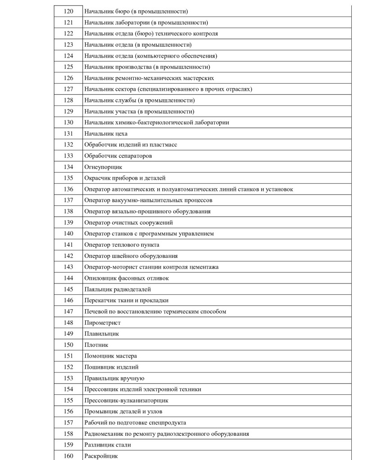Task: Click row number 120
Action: (x=68, y=11)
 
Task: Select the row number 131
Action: (x=68, y=134)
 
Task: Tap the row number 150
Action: (x=68, y=345)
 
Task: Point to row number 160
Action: (x=68, y=456)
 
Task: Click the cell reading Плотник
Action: (x=96, y=345)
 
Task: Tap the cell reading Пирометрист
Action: (x=103, y=323)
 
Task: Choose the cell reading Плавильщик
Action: (x=102, y=334)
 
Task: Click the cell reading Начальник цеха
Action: (x=106, y=134)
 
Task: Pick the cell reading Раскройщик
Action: (x=101, y=456)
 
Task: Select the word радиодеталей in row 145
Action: (x=134, y=289)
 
